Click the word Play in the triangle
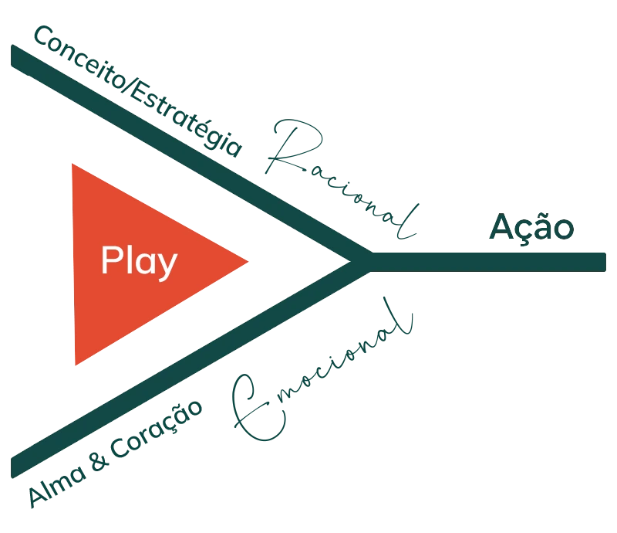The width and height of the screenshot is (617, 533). pyautogui.click(x=139, y=262)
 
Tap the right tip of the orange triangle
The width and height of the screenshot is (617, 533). pyautogui.click(x=247, y=261)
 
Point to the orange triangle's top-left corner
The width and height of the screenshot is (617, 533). pyautogui.click(x=71, y=165)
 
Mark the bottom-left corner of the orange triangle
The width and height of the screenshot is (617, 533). pyautogui.click(x=75, y=364)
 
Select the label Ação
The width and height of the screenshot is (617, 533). pyautogui.click(x=532, y=229)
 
